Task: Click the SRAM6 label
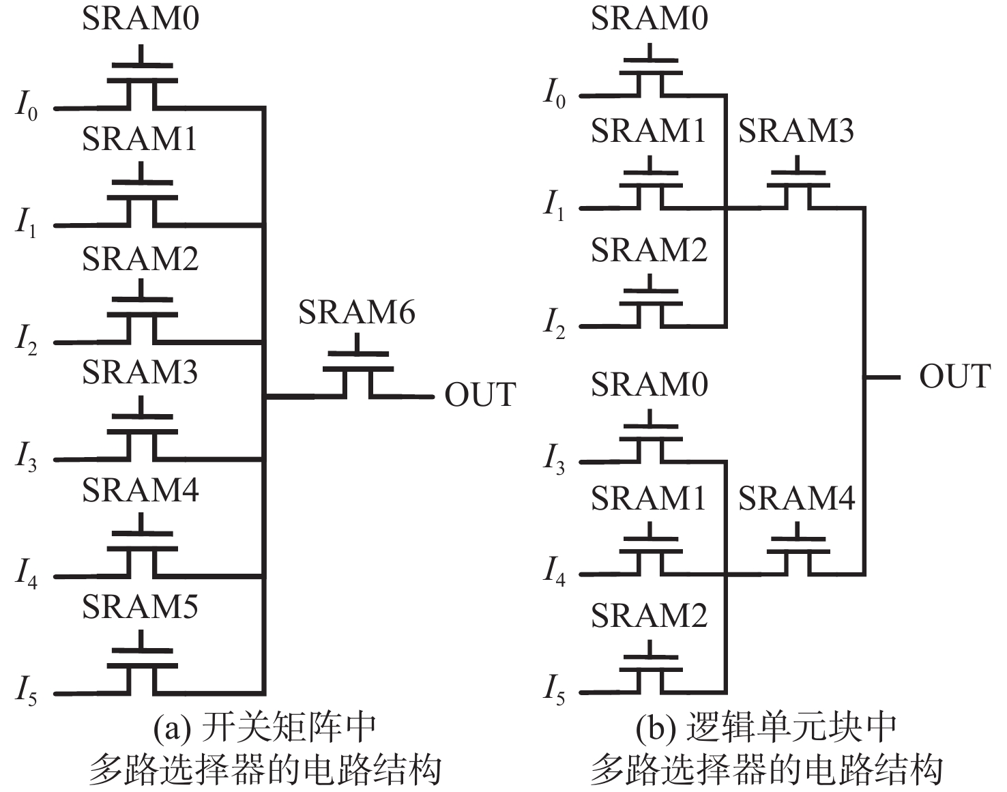[356, 312]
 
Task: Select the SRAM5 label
[141, 606]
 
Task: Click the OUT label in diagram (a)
[480, 395]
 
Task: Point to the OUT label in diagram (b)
[954, 377]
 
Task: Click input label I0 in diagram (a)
[27, 107]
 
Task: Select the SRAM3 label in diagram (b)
[796, 130]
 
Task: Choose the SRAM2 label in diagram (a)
[141, 259]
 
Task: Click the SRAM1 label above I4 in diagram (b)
[648, 498]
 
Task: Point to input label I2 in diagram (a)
[27, 340]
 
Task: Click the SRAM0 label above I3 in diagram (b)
[649, 385]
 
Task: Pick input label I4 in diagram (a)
[27, 574]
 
